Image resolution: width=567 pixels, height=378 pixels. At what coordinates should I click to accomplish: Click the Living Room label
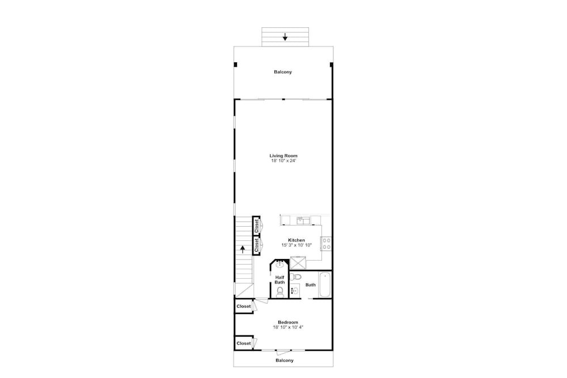point(283,156)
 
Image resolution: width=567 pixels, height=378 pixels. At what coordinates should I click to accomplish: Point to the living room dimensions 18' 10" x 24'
point(283,161)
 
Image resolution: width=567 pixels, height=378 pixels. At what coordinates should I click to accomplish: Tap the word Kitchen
point(297,240)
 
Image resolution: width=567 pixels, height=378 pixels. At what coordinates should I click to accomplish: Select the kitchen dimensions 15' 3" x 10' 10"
point(297,245)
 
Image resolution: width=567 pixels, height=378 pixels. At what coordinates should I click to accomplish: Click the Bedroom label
point(288,322)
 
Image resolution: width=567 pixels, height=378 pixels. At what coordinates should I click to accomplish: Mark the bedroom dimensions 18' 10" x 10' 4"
point(288,328)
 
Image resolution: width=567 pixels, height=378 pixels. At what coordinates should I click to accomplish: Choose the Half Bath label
point(280,280)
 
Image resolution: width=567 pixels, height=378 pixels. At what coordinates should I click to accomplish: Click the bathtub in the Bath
point(324,284)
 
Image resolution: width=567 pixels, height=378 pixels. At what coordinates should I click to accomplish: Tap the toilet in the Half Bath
point(280,291)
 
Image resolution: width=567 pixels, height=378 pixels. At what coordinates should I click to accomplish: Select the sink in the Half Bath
point(280,265)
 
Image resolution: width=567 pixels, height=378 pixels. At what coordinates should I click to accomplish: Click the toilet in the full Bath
point(296,277)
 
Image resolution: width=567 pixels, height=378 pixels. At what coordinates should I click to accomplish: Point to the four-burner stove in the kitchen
point(326,244)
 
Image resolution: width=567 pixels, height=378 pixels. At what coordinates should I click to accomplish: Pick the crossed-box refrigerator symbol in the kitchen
point(298,263)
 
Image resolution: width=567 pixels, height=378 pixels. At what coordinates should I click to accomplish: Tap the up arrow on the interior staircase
point(243,249)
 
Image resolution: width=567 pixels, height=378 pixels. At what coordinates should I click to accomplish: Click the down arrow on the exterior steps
point(285,36)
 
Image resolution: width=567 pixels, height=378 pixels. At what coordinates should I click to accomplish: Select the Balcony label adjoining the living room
point(283,72)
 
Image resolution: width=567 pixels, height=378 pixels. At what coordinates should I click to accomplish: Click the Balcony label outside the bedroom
point(285,360)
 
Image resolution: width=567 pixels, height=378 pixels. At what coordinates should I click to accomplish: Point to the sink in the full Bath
point(295,291)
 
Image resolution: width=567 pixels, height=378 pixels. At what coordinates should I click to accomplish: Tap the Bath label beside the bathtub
point(311,284)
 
